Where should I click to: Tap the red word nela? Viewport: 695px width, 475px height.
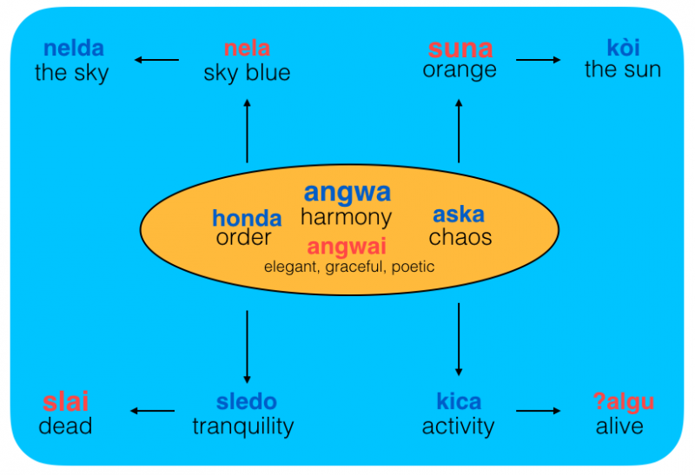pos(247,49)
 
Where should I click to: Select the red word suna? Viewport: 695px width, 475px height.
pos(460,49)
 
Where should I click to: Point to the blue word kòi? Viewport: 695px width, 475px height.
pos(623,49)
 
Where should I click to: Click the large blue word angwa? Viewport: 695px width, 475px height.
pos(347,192)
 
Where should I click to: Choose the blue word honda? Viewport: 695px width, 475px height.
pos(247,218)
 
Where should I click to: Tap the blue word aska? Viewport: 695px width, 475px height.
pos(459,214)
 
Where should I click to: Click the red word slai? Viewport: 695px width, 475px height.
pos(66,402)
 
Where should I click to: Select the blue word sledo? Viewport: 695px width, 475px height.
pos(247,402)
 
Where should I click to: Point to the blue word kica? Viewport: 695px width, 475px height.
pos(458,402)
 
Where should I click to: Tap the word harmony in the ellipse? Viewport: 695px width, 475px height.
pos(346,217)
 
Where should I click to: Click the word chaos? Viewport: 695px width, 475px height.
pos(460,236)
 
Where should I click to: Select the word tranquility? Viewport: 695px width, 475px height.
pos(243,426)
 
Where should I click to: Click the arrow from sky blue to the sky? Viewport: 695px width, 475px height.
pos(156,60)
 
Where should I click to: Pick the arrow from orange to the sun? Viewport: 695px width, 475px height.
pos(539,60)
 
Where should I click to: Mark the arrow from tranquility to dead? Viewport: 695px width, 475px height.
pos(152,411)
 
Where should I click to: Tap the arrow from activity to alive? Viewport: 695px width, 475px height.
pos(539,411)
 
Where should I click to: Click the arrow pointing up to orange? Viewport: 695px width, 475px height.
pos(459,130)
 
